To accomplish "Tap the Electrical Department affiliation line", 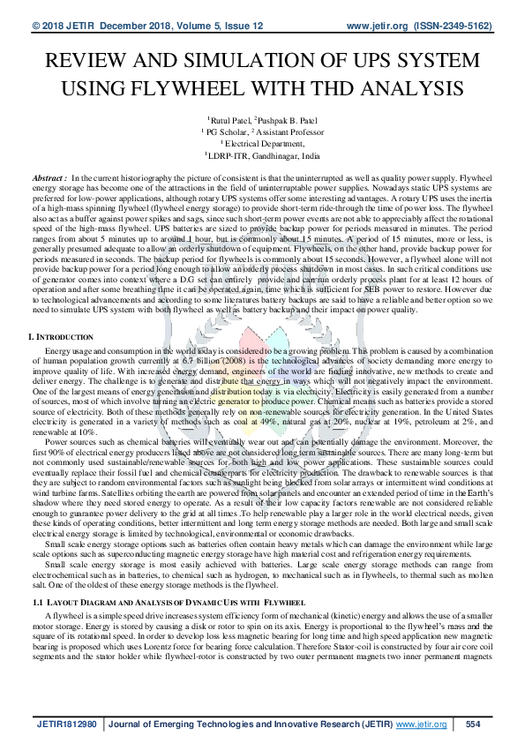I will pyautogui.click(x=263, y=143).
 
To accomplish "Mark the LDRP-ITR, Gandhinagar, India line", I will pyautogui.click(x=263, y=154).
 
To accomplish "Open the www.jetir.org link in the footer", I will pyautogui.click(x=421, y=724).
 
